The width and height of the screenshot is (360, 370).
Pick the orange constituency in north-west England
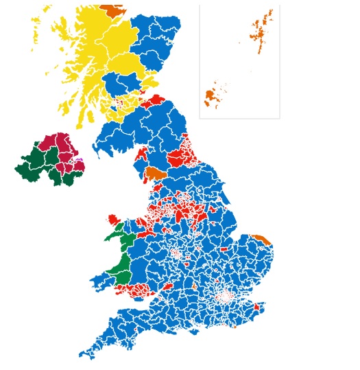[x=156, y=172]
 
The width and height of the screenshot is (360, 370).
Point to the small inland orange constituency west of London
[x=194, y=286]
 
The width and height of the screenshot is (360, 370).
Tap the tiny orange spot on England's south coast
[x=235, y=326]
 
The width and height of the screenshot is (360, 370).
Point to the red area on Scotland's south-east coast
[x=156, y=102]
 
